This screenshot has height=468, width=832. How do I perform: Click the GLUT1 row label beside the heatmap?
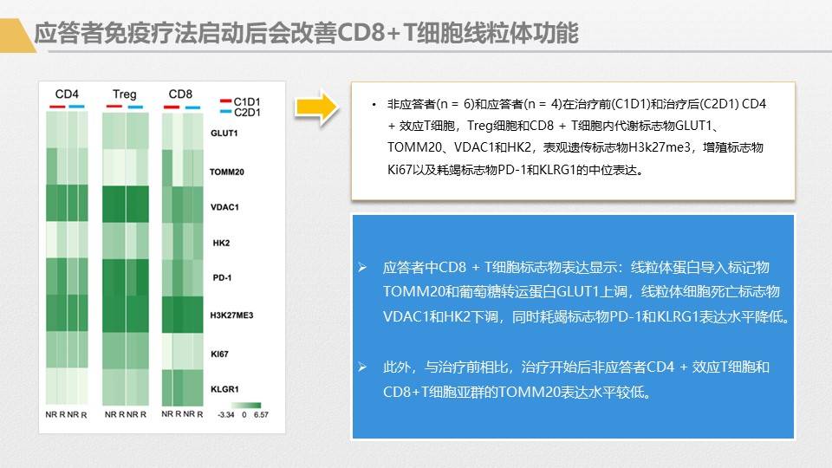(224, 134)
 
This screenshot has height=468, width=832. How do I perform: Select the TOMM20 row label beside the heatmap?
(226, 172)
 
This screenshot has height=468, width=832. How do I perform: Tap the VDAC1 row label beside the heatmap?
(224, 207)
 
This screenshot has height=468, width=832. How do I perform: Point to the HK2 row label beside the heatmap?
(220, 243)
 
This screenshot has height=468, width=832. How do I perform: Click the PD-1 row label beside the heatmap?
(221, 278)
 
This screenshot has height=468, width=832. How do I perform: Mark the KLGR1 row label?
(224, 389)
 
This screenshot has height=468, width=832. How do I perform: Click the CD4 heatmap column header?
(67, 94)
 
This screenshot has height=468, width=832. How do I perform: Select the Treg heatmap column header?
(124, 94)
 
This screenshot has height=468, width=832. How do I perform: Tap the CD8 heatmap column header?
(180, 94)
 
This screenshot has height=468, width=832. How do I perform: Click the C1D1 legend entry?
(247, 101)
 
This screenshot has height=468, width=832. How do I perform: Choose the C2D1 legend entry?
(247, 113)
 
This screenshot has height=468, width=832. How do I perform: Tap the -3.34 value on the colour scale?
(226, 415)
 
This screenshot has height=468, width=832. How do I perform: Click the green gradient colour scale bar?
(244, 404)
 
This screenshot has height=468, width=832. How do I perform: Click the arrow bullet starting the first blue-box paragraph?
(362, 267)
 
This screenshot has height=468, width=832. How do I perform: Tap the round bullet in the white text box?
(374, 105)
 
